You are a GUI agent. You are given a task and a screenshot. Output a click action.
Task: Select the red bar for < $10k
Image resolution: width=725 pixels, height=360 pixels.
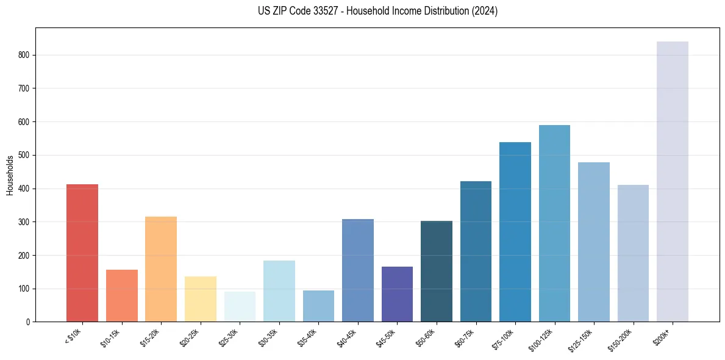click(x=82, y=253)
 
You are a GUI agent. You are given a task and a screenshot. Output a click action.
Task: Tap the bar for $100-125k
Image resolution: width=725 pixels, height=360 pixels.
click(x=554, y=223)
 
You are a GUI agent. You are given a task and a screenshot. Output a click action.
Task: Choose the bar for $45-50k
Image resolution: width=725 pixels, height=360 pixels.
click(x=397, y=294)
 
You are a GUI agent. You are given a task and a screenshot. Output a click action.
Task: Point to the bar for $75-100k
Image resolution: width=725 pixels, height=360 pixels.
click(x=515, y=232)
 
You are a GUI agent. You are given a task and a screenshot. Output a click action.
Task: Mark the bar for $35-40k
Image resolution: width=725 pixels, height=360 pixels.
click(x=318, y=306)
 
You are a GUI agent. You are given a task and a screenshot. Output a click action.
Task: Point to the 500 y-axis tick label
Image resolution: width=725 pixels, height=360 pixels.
click(x=24, y=155)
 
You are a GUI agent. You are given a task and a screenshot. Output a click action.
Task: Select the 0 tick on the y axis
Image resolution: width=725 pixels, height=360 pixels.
click(x=28, y=322)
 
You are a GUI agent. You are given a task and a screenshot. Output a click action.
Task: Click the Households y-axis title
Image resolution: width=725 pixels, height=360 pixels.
click(x=10, y=175)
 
